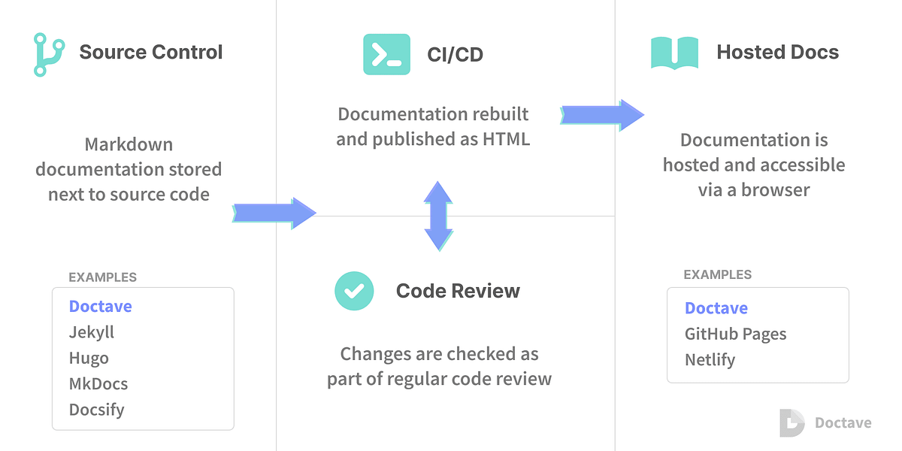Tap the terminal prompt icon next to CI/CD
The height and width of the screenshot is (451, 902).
[386, 54]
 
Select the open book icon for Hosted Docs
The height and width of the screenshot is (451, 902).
[674, 53]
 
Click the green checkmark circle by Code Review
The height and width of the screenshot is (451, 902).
[354, 291]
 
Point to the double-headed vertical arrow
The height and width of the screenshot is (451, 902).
[438, 216]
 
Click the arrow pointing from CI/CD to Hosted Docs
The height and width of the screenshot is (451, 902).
[602, 115]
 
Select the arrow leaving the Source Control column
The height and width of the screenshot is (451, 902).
[274, 213]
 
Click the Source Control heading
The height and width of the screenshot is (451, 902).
[150, 52]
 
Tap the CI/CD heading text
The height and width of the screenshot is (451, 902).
[455, 55]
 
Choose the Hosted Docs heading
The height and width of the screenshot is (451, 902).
[777, 52]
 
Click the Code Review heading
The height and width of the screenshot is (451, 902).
[458, 291]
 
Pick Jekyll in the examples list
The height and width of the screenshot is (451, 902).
[92, 333]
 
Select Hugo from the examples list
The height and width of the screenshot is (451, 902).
[89, 359]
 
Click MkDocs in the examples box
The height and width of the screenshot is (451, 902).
[98, 384]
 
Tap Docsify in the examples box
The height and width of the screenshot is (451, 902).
[97, 410]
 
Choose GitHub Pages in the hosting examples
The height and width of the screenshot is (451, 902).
[735, 334]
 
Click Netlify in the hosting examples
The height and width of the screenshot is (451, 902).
[710, 360]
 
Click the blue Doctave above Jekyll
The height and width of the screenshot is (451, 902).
[100, 307]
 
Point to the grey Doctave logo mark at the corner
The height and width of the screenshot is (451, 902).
[792, 422]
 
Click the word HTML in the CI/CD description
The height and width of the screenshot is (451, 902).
[506, 139]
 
